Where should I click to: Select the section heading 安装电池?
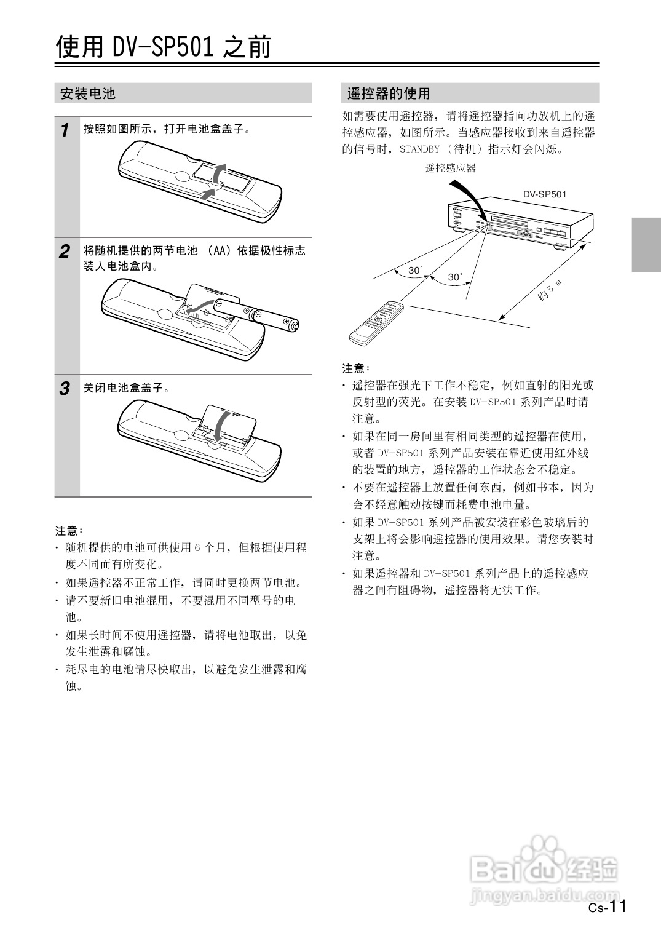tap(88, 93)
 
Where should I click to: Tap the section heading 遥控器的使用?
tap(389, 93)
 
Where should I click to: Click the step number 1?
tap(65, 130)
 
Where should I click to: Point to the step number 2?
tap(65, 252)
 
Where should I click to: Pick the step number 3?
tap(65, 389)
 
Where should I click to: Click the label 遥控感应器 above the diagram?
tap(450, 169)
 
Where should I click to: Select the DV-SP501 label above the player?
tap(545, 194)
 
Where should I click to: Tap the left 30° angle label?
tap(415, 270)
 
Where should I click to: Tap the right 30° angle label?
tap(455, 277)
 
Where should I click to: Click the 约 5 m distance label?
tap(550, 291)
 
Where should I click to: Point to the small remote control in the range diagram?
tap(377, 324)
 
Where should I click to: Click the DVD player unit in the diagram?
tap(520, 222)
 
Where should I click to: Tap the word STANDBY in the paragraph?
tap(419, 149)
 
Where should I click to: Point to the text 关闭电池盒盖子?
tap(124, 388)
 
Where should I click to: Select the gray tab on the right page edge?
tap(646, 245)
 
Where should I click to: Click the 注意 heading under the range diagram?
tap(355, 368)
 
